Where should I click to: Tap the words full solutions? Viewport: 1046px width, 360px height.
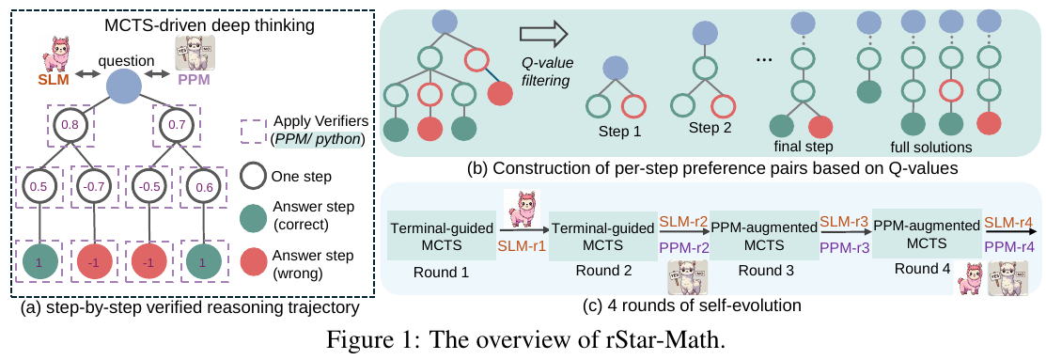[x=931, y=148]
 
